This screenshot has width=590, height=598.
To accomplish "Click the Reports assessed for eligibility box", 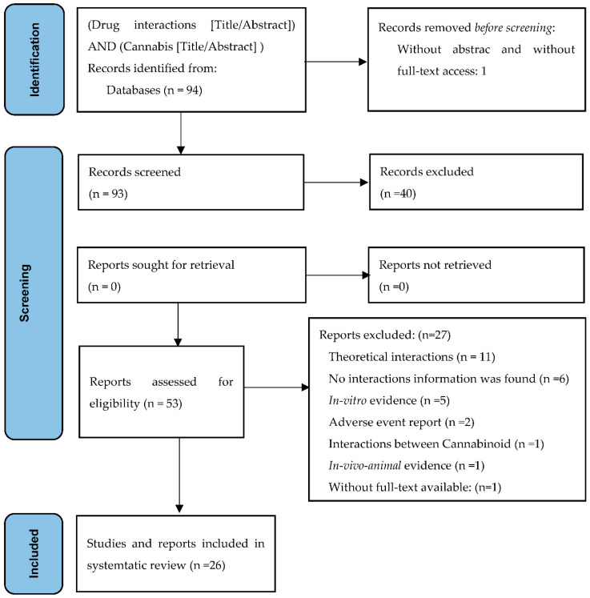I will [x=160, y=391].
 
